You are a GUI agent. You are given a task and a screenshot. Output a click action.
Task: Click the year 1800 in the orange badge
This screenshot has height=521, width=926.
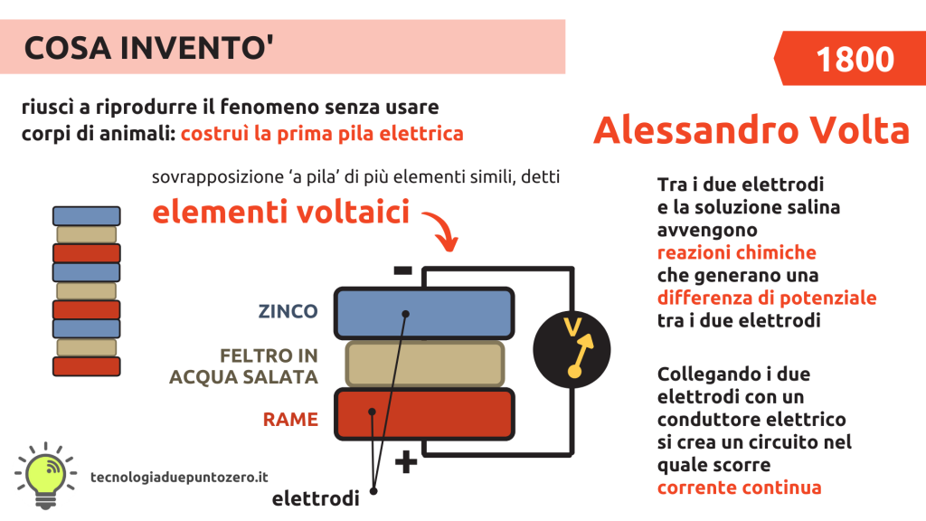(x=855, y=59)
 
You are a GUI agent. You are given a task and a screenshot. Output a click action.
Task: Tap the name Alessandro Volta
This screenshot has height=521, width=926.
(x=751, y=130)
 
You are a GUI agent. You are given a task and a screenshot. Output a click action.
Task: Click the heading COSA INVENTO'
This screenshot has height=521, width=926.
(x=148, y=47)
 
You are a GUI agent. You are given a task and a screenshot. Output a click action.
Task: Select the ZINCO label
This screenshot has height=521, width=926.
(x=288, y=311)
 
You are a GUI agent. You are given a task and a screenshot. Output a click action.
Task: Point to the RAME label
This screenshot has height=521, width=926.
(x=290, y=420)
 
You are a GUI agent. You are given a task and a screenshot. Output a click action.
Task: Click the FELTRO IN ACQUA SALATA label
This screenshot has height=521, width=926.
(x=244, y=366)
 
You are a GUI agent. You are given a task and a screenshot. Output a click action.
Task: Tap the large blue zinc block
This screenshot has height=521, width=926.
(x=424, y=313)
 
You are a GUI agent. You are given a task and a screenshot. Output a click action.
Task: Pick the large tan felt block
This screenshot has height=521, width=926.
(x=425, y=364)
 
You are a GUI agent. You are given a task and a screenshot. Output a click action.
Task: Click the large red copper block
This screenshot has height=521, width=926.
(x=424, y=414)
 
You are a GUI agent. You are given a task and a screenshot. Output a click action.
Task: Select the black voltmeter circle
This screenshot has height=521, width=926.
(x=572, y=350)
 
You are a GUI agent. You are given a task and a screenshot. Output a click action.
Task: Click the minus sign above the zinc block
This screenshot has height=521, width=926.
(x=402, y=270)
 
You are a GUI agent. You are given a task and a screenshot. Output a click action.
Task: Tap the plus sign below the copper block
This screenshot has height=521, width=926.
(x=406, y=462)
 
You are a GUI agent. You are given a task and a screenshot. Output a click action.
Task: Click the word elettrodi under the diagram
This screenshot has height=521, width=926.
(x=316, y=498)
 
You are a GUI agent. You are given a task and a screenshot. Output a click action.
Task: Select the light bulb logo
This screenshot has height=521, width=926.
(x=45, y=474)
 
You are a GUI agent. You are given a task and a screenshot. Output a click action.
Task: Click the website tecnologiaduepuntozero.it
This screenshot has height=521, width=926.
(x=180, y=478)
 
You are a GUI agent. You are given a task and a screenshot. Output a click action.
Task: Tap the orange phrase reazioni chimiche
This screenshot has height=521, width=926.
(x=736, y=253)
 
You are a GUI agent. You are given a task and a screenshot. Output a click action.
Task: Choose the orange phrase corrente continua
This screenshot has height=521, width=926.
(x=740, y=488)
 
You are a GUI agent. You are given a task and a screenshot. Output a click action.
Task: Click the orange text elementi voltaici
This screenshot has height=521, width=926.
(x=281, y=212)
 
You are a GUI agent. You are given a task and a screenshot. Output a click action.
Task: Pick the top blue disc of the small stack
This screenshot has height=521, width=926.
(x=86, y=215)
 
